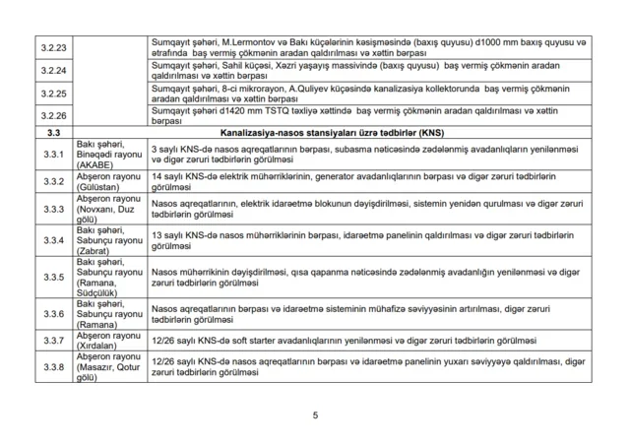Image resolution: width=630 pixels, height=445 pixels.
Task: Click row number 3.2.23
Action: point(51,47)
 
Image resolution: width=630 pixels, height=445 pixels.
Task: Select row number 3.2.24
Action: point(51,71)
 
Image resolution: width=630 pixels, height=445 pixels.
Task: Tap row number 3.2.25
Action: point(51,95)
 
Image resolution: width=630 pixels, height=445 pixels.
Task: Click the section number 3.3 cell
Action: point(51,132)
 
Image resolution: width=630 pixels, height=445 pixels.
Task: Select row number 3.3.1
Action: point(51,153)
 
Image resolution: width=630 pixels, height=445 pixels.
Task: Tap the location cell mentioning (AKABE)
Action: point(108,153)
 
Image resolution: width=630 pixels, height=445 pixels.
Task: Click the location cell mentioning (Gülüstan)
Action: point(108,180)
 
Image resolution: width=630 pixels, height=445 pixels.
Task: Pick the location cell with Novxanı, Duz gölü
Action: point(108,209)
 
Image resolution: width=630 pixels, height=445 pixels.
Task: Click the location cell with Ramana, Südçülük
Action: point(108,274)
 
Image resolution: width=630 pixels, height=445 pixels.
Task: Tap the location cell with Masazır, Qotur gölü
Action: point(108,367)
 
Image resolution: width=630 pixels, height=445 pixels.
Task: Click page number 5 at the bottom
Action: point(315,414)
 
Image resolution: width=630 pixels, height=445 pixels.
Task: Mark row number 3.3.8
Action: point(51,367)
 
